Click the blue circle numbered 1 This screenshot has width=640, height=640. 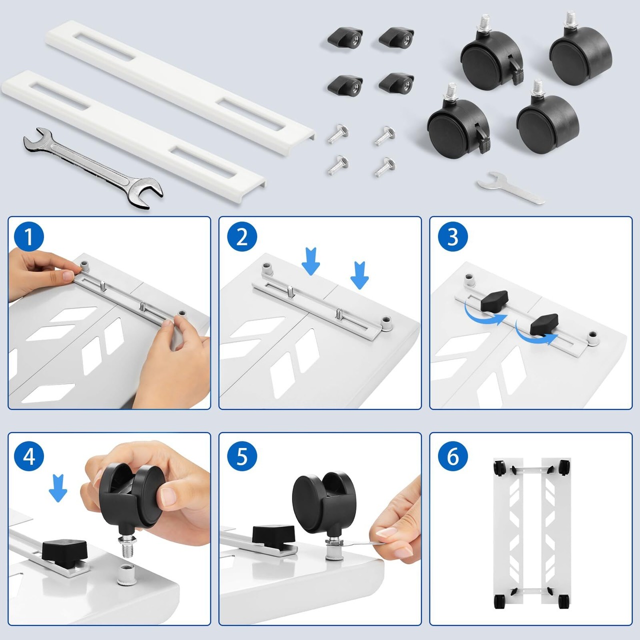click(x=29, y=237)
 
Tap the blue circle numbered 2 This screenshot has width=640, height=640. click(x=242, y=237)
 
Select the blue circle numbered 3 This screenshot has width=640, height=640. click(x=453, y=237)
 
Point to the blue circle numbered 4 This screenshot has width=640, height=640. click(x=29, y=456)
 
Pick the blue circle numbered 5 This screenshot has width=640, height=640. click(x=242, y=456)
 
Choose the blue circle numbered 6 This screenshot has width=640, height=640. click(x=453, y=456)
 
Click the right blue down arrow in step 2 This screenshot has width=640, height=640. click(x=359, y=275)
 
